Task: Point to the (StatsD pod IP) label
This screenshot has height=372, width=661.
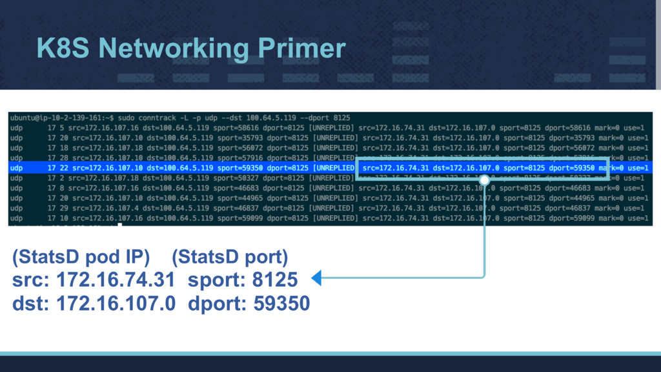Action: point(81,258)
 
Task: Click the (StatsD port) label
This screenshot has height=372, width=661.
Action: point(230,258)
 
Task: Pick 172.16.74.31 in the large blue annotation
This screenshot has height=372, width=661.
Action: point(116,280)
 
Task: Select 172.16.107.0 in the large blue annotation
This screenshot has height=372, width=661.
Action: point(116,302)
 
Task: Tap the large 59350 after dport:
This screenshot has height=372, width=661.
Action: point(281,302)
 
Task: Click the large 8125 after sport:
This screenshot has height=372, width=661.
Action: point(275,280)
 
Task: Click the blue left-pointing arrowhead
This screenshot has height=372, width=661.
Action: point(316,278)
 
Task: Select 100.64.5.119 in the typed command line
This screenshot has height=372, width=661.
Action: point(272,118)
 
